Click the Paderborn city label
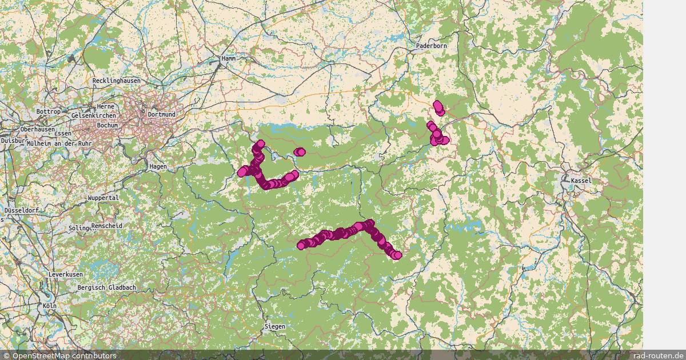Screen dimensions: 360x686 pyautogui.click(x=432, y=46)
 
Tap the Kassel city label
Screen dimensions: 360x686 pyautogui.click(x=581, y=181)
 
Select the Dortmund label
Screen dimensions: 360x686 pyautogui.click(x=161, y=114)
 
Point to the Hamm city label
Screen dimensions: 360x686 pyautogui.click(x=229, y=58)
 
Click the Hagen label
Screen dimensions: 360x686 pyautogui.click(x=158, y=166)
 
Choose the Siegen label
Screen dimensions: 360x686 pyautogui.click(x=274, y=326)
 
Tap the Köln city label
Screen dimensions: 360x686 pyautogui.click(x=50, y=306)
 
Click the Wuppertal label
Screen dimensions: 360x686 pyautogui.click(x=103, y=198)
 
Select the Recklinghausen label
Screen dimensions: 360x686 pyautogui.click(x=116, y=81)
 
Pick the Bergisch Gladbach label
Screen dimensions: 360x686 pyautogui.click(x=107, y=287)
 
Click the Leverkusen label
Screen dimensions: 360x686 pyautogui.click(x=66, y=275)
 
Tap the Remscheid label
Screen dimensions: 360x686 pyautogui.click(x=106, y=226)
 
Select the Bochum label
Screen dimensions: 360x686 pyautogui.click(x=107, y=125)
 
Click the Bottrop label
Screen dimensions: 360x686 pyautogui.click(x=48, y=111)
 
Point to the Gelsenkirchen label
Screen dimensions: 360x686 pyautogui.click(x=95, y=115)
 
